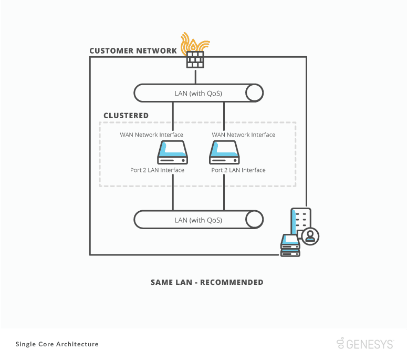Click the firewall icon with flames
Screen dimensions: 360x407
[x=195, y=52]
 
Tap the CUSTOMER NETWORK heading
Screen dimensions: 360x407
[x=133, y=51]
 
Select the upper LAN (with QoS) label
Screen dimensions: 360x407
[x=198, y=94]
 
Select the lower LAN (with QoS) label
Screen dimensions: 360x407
[x=198, y=220]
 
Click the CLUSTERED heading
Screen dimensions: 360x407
[x=126, y=116]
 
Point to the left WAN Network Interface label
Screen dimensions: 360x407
[x=152, y=135]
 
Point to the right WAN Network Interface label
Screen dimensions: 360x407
[x=244, y=135]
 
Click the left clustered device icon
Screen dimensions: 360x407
[x=173, y=152]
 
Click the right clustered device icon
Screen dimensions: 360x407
[x=224, y=152]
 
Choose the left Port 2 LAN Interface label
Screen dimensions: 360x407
[x=157, y=170]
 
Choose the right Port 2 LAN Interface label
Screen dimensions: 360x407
[x=238, y=170]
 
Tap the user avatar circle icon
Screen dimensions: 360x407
[x=309, y=235]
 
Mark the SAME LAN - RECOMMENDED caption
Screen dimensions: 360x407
[x=207, y=282]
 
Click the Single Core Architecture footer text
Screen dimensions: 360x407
[x=57, y=344]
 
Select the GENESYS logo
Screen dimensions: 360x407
[x=365, y=344]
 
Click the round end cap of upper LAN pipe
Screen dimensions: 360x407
[x=255, y=94]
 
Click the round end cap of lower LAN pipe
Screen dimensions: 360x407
[x=255, y=220]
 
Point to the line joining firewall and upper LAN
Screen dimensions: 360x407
[x=195, y=76]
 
